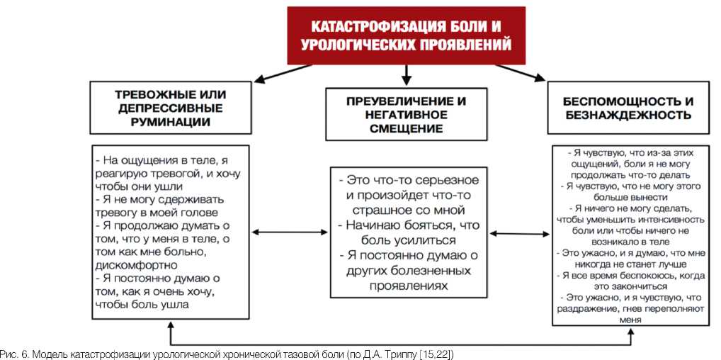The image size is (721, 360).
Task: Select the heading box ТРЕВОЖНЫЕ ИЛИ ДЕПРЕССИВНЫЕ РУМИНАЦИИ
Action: pyautogui.click(x=171, y=106)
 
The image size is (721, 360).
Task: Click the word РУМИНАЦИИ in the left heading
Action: pyautogui.click(x=171, y=121)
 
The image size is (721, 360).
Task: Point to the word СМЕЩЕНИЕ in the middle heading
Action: pyautogui.click(x=406, y=128)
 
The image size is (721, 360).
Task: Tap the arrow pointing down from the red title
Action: pyautogui.click(x=406, y=74)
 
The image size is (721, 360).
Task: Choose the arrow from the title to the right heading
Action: pyautogui.click(x=520, y=72)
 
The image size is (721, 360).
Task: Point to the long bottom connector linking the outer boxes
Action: pyautogui.click(x=400, y=343)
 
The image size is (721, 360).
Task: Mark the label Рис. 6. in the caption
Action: pyautogui.click(x=13, y=353)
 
